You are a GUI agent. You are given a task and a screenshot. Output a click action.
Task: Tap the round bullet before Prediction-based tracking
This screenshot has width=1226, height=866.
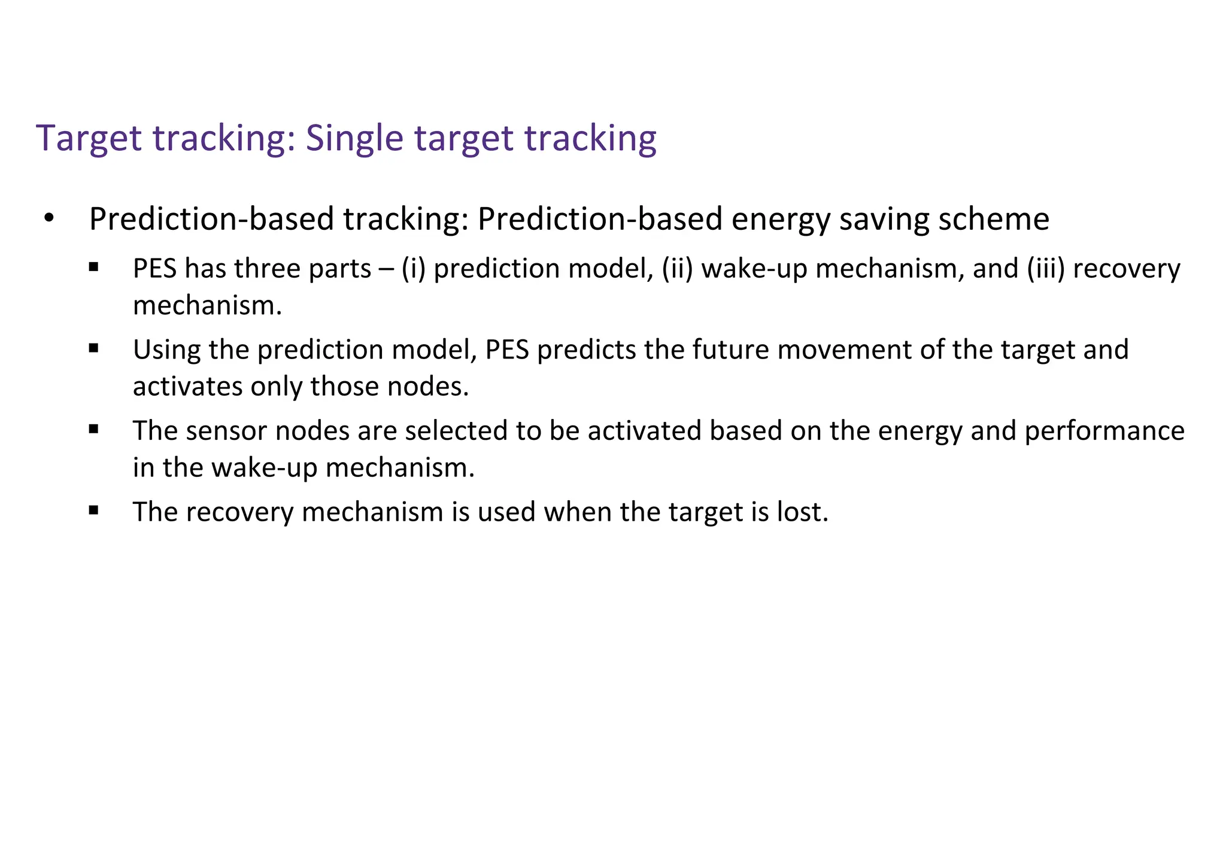click(48, 218)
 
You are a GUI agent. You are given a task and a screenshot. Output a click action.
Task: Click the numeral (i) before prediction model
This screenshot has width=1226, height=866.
click(413, 269)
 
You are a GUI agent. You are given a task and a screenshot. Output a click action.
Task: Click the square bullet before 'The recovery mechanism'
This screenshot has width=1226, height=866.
click(93, 511)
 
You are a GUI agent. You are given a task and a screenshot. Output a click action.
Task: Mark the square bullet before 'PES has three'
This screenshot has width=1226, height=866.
click(93, 267)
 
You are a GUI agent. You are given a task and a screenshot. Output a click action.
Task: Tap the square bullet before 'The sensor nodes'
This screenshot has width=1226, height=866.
click(93, 429)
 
